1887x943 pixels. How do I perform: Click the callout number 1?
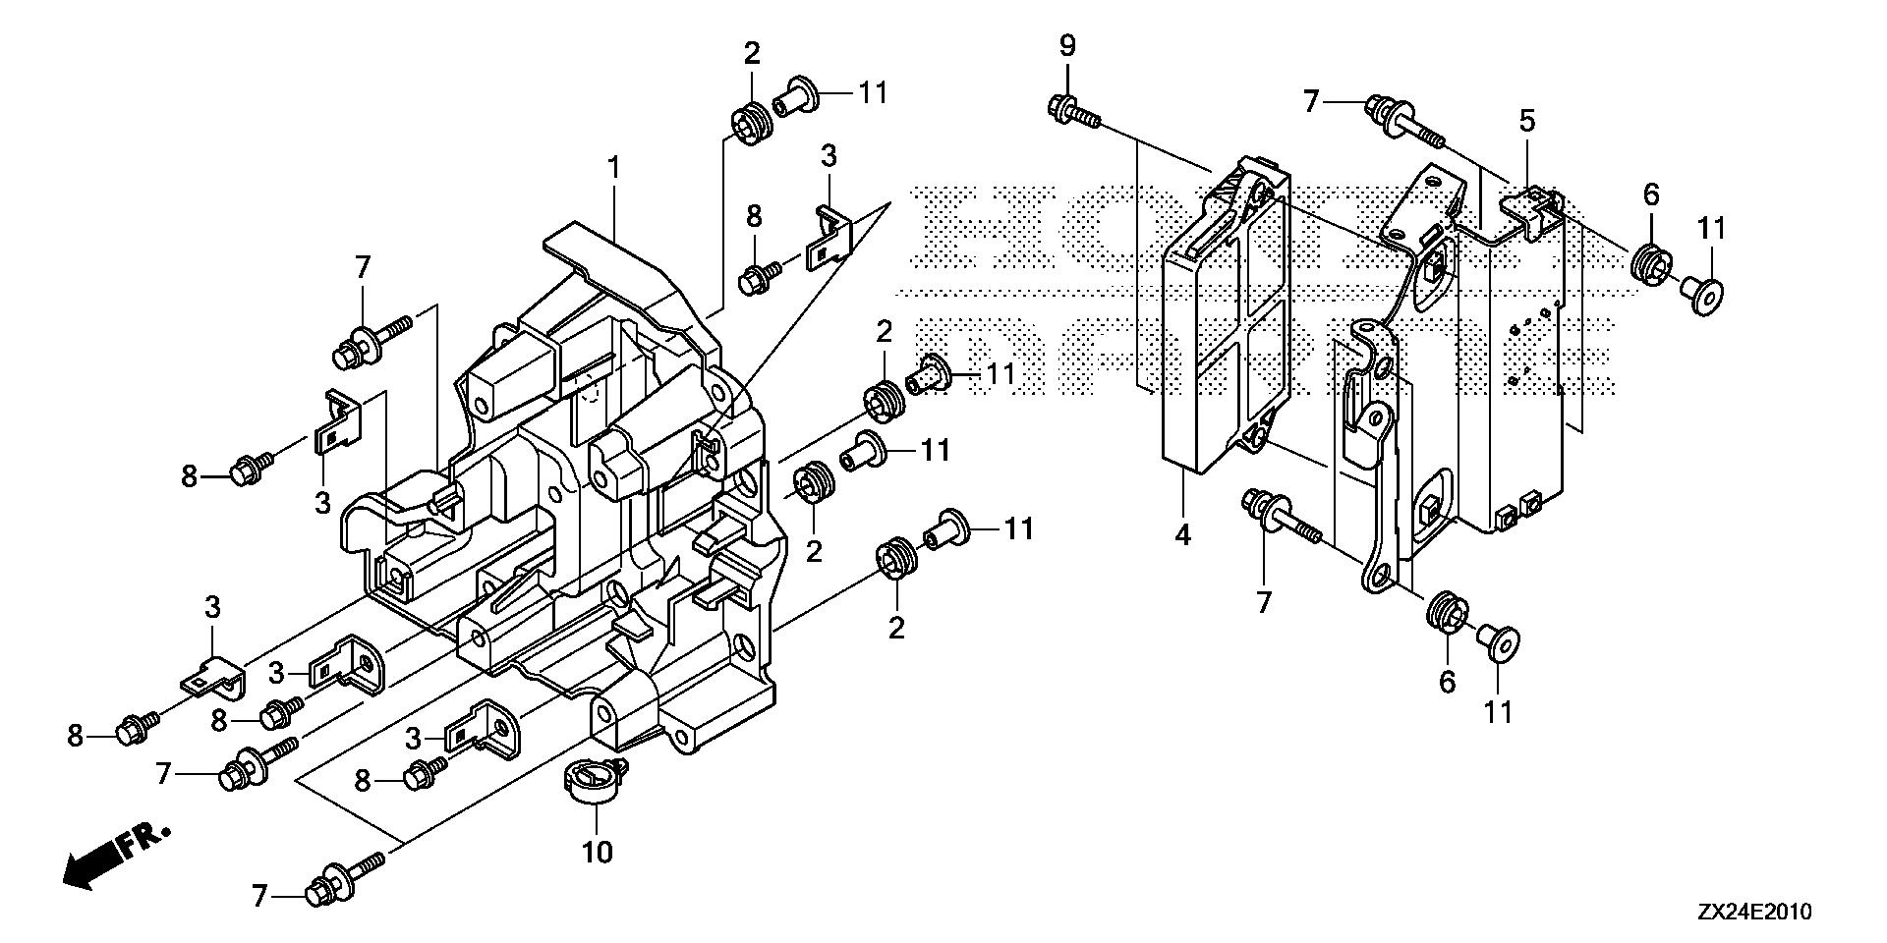[613, 169]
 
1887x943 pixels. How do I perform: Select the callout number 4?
[1183, 535]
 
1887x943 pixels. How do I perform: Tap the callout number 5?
[1526, 122]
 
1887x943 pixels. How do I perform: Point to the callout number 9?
[1067, 45]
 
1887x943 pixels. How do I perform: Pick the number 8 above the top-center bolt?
[754, 216]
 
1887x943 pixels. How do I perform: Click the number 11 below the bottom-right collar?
[1498, 710]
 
